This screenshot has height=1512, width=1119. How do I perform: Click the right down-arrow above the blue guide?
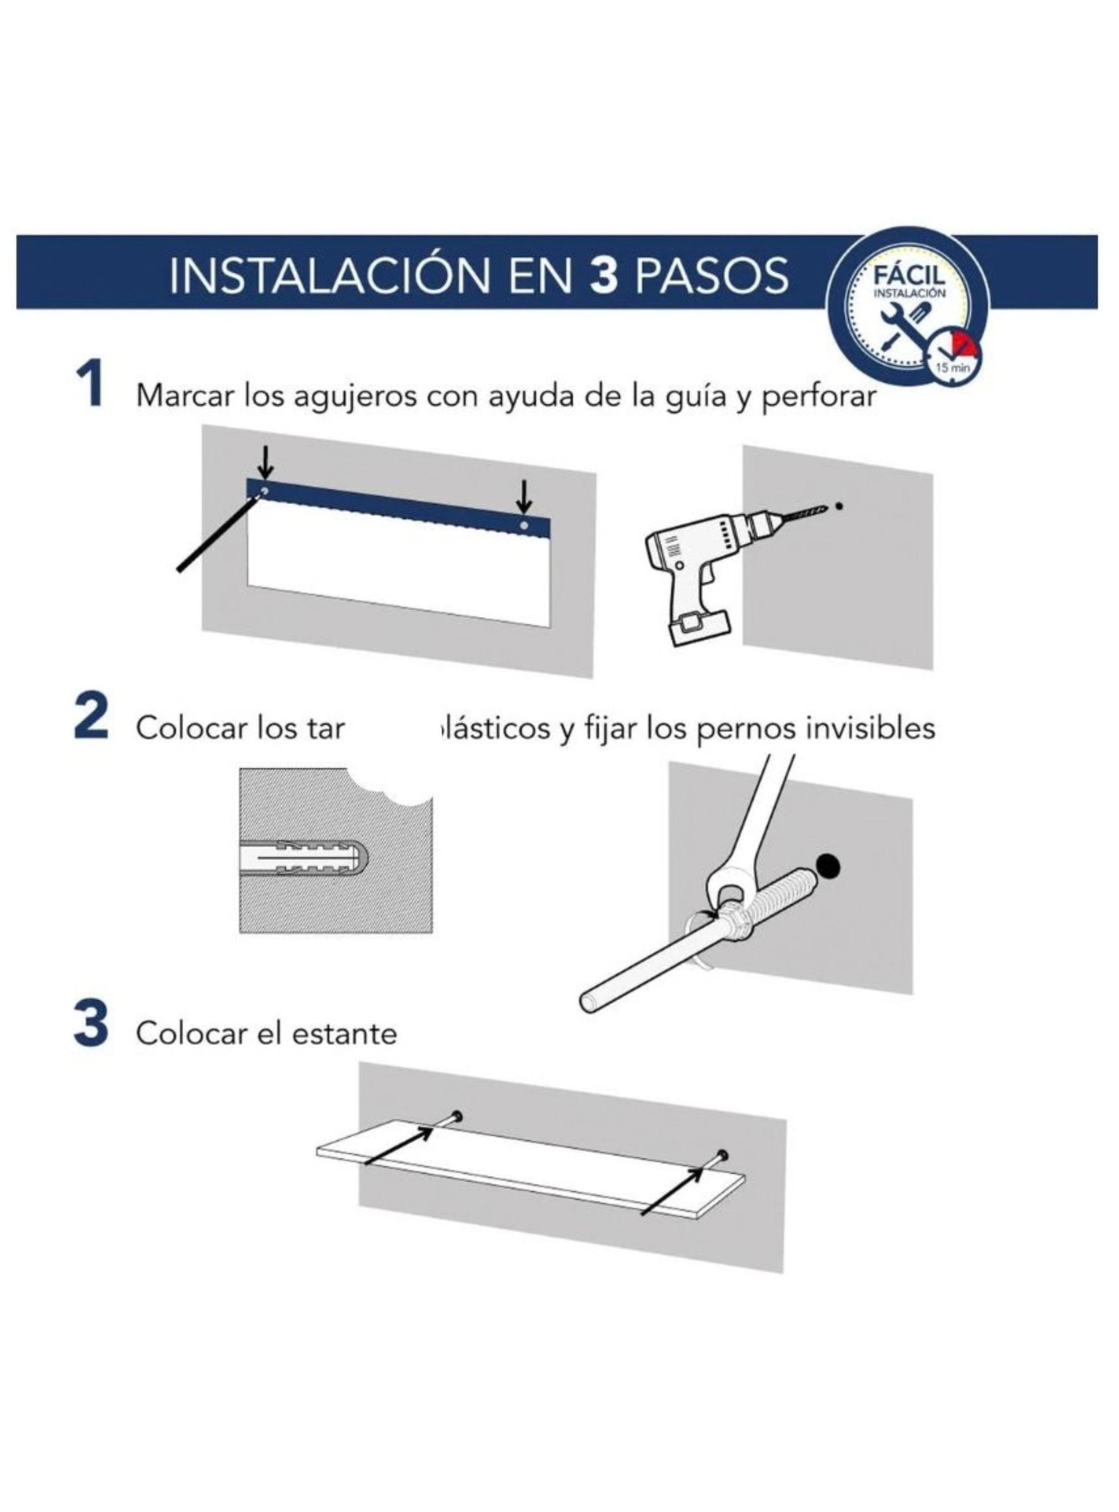pyautogui.click(x=524, y=496)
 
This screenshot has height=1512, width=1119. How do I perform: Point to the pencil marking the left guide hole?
pyautogui.click(x=217, y=535)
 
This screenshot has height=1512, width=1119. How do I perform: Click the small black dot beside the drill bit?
pyautogui.click(x=839, y=505)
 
